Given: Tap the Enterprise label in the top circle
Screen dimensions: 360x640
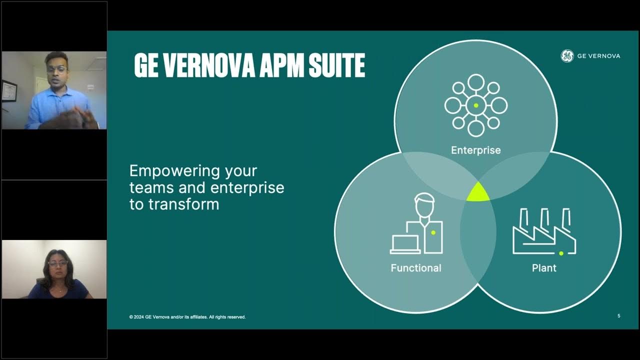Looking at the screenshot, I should coord(475,150).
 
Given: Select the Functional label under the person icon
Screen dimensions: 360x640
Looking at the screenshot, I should coord(416,268).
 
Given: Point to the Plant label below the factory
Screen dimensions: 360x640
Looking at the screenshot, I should coord(544,268).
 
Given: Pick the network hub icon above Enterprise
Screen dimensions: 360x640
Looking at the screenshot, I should coord(476,105).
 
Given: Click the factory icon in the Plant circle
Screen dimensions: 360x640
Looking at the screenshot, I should coord(544,232).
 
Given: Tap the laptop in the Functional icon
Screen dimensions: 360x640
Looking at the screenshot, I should coord(405,244).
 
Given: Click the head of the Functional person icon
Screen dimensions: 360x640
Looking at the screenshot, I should coord(424,205).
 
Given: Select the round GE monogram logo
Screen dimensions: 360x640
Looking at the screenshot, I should coord(566,56).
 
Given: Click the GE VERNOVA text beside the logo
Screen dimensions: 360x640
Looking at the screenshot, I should coord(598,56).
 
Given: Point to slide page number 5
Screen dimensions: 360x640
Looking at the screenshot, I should coord(619,316).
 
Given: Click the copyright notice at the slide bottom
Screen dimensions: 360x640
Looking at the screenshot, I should coord(187,317).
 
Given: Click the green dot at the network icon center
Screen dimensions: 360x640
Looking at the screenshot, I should coord(476,105).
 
